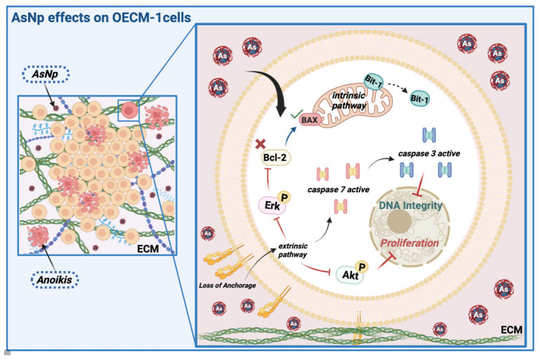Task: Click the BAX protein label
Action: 309,120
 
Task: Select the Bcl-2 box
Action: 275,158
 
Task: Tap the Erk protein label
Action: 272,206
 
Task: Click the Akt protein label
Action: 350,274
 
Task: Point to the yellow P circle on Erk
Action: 284,198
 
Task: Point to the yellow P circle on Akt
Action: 362,267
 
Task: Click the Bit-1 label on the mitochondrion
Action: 374,81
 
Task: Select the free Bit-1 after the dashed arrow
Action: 419,99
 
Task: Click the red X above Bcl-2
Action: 261,144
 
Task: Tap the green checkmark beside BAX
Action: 296,114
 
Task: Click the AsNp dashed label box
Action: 46,74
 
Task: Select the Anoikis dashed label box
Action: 55,279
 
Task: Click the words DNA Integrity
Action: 411,206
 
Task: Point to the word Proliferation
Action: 409,243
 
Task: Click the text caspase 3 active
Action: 429,154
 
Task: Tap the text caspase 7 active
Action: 338,189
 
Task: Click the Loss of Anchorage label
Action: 228,286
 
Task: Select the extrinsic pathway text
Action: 293,251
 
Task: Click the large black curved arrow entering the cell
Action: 274,86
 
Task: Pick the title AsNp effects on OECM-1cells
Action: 101,18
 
